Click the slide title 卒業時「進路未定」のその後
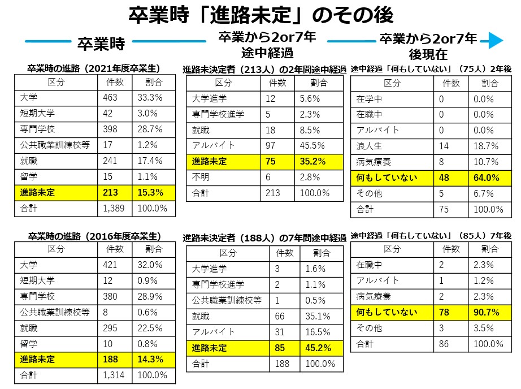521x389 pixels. pos(260,15)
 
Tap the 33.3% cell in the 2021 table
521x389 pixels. pos(151,97)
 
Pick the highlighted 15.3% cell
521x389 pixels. pos(151,192)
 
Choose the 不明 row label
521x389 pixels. pos(201,177)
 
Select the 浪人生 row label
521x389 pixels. pos(370,146)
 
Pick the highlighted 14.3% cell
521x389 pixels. pos(151,359)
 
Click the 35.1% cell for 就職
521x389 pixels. pos(320,315)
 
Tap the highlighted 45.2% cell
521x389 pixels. pos(320,348)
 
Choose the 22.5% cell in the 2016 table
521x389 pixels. pos(151,327)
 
